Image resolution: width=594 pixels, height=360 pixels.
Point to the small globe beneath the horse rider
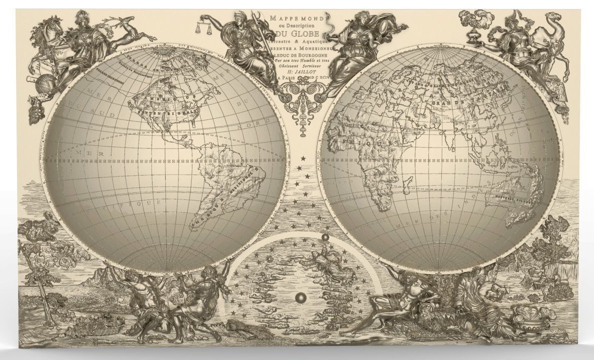tap(42, 82)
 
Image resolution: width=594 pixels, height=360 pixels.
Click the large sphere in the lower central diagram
tap(300, 298)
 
